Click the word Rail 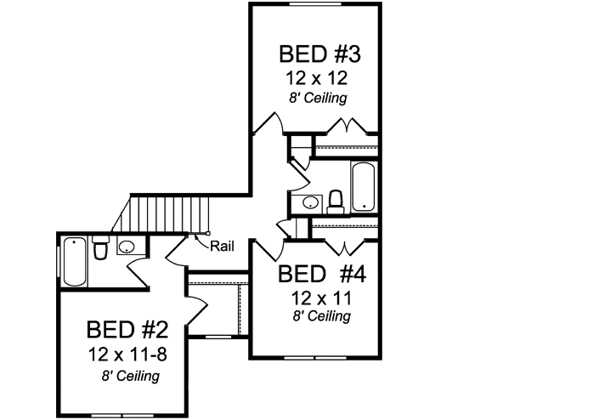(222, 247)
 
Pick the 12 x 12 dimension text (319, 78)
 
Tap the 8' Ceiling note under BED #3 (320, 98)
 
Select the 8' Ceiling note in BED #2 (129, 374)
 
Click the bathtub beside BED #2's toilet (74, 262)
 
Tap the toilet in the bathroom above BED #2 (100, 249)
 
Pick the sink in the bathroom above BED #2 (127, 247)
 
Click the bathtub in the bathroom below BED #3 (363, 186)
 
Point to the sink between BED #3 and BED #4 (310, 202)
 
